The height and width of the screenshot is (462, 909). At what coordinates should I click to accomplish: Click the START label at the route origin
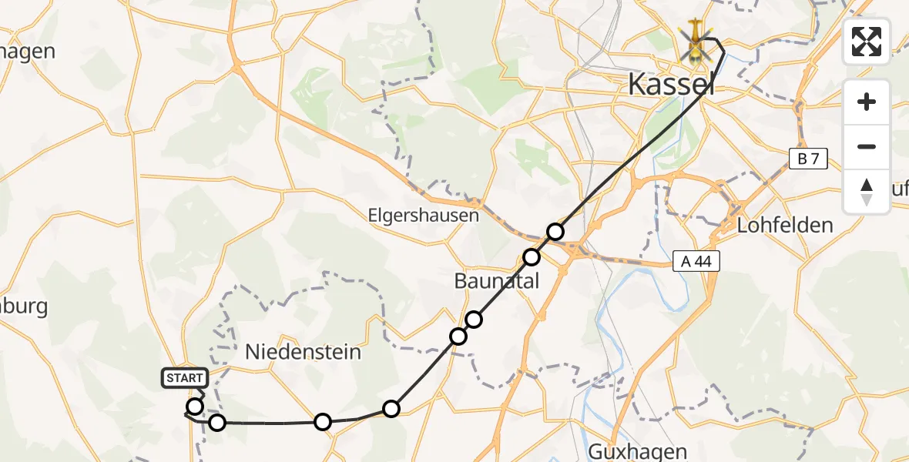185,378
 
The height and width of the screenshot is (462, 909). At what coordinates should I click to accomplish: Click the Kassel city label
671,84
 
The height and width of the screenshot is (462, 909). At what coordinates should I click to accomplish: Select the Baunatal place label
496,281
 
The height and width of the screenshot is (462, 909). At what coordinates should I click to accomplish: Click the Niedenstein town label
303,352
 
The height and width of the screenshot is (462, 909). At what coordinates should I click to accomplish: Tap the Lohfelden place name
785,226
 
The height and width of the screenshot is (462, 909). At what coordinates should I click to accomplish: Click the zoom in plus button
867,102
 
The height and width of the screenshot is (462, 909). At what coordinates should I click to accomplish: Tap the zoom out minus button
867,146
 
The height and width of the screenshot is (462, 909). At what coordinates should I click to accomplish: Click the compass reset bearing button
867,191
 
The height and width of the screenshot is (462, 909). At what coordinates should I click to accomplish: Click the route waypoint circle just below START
195,407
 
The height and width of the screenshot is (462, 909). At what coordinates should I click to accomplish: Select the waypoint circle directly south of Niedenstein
323,421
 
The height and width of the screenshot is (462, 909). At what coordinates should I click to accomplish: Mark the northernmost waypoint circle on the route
555,231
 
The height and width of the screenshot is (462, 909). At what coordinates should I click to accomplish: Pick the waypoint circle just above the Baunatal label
532,257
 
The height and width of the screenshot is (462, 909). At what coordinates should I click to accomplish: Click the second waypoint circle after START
217,422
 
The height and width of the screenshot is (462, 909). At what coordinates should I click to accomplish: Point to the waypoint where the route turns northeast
391,409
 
